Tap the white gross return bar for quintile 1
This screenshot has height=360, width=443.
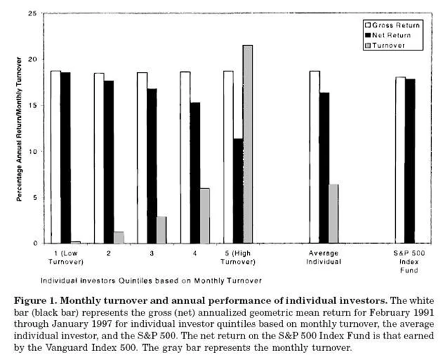pos(55,156)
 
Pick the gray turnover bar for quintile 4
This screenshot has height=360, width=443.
pos(205,215)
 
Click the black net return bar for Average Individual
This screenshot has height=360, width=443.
pos(324,168)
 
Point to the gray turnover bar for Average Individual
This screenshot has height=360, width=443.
pos(334,213)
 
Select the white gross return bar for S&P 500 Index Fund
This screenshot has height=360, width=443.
pos(400,160)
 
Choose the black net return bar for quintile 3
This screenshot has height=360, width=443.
pos(152,165)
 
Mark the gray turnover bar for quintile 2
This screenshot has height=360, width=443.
pos(118,237)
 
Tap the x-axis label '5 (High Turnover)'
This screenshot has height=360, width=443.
pos(237,258)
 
